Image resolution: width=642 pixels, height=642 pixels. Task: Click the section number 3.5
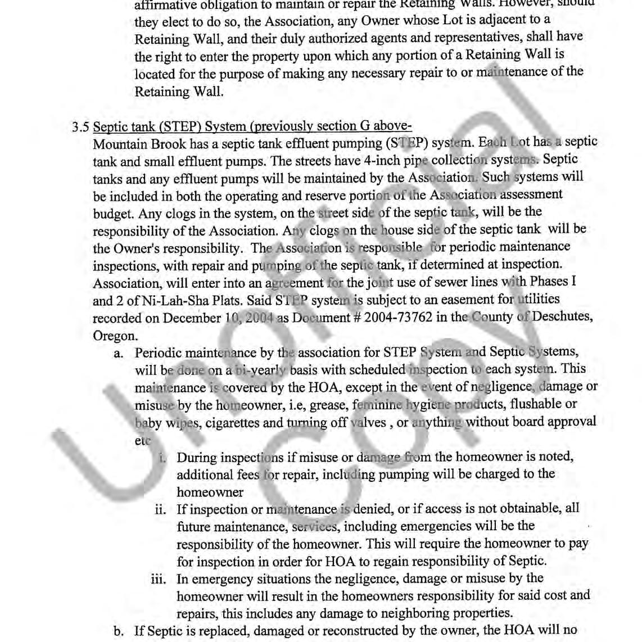click(x=80, y=127)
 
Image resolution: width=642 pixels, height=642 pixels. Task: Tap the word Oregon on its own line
click(x=115, y=336)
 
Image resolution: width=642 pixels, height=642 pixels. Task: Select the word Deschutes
click(x=562, y=317)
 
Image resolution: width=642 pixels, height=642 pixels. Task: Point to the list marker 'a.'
click(x=119, y=353)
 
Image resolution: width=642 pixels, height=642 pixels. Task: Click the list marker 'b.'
click(x=119, y=631)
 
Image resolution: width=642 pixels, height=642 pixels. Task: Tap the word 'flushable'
click(x=548, y=404)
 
